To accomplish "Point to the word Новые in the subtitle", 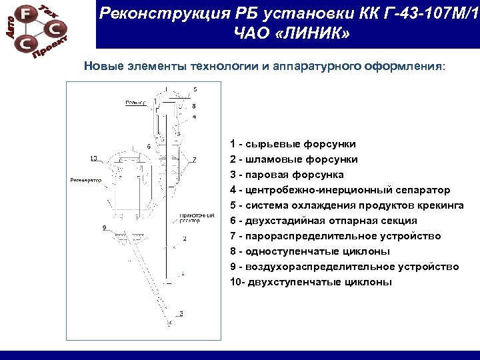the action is point(102,67).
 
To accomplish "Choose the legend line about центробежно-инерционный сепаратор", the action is point(339,190).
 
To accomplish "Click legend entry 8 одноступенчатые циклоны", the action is point(309,251).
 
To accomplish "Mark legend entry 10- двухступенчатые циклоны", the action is point(311,282).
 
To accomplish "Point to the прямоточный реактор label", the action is point(197,219).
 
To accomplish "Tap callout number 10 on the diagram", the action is point(93,158).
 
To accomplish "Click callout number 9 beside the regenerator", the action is point(105,228).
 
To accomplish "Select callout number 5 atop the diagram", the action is point(195,89).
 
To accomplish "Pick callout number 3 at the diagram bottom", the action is point(181,313).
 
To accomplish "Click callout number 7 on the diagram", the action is point(194,159).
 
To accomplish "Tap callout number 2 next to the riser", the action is point(184,238).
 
